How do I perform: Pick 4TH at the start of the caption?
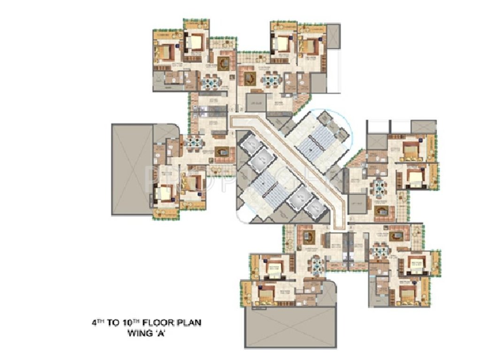tap(98, 323)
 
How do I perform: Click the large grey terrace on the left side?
tap(131, 169)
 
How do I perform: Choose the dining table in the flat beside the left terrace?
tap(196, 142)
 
